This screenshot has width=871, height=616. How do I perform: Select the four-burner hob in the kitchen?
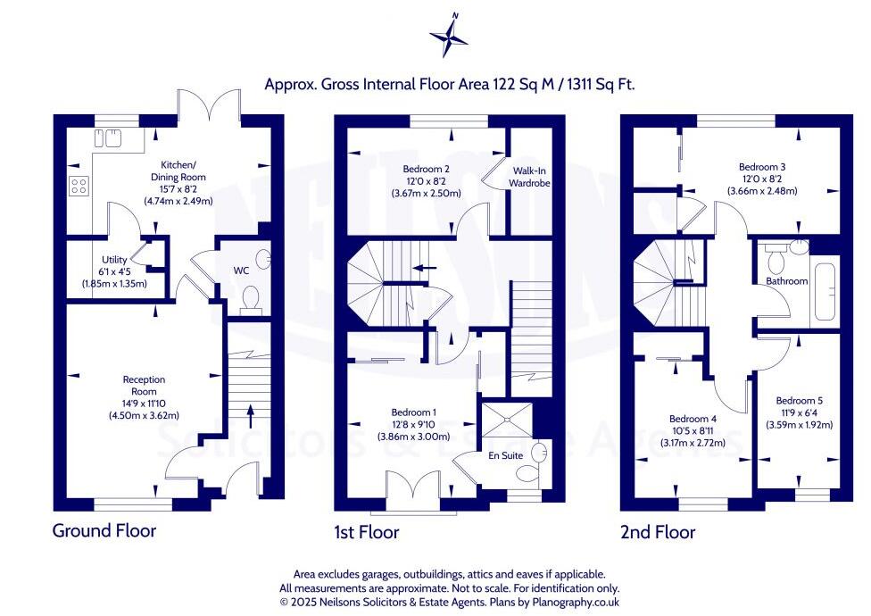pyautogui.click(x=79, y=186)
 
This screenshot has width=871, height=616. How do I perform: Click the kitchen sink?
pyautogui.click(x=107, y=138)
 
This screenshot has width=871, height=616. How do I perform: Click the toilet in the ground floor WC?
pyautogui.click(x=251, y=296)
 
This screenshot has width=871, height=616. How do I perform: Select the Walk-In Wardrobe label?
pyautogui.click(x=530, y=176)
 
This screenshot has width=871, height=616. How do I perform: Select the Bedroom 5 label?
pyautogui.click(x=799, y=400)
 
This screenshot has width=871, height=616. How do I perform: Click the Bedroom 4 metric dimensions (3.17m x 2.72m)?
pyautogui.click(x=693, y=442)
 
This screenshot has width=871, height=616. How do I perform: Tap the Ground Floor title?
pyautogui.click(x=104, y=530)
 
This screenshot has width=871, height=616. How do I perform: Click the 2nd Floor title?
pyautogui.click(x=658, y=532)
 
